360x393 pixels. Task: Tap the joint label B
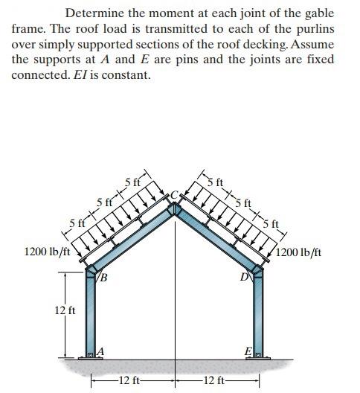pos(105,279)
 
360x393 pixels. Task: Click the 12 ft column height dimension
pos(65,310)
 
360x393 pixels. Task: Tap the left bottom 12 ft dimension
pos(130,381)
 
